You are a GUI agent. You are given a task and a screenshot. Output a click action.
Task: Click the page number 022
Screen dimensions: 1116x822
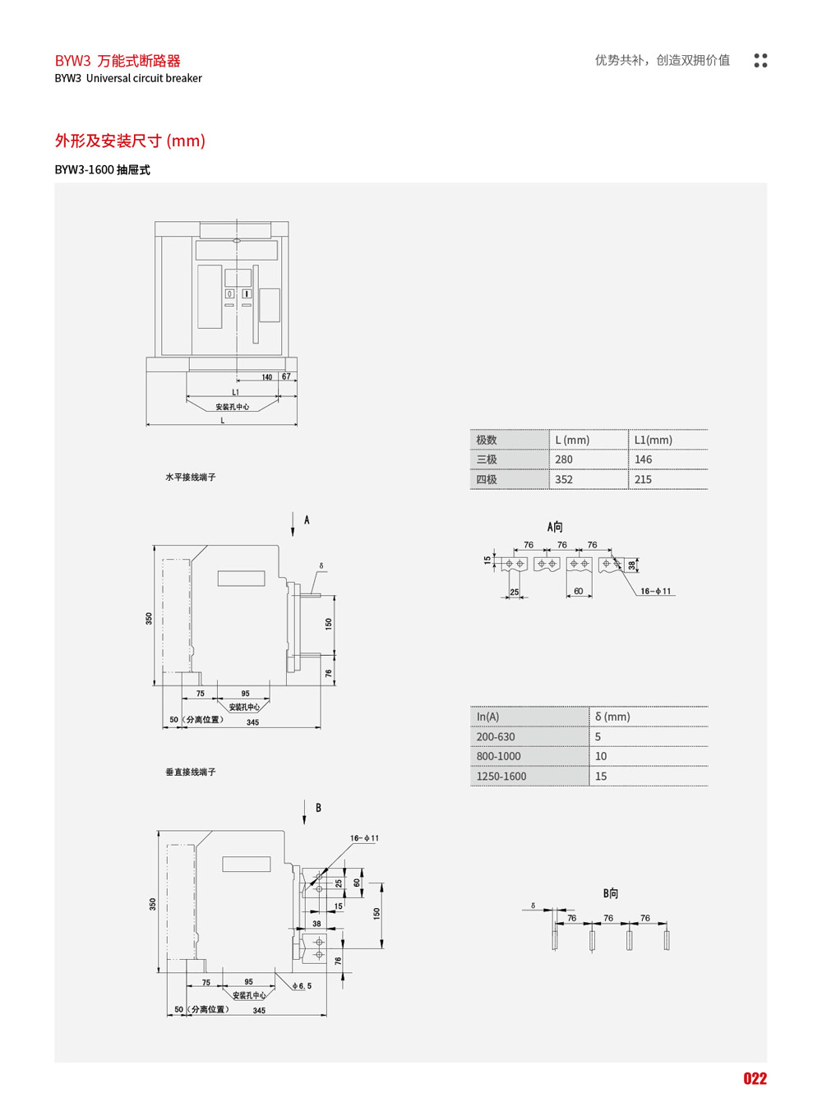tap(755, 1079)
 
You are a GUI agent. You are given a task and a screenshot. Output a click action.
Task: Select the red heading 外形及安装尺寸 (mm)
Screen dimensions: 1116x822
tap(130, 141)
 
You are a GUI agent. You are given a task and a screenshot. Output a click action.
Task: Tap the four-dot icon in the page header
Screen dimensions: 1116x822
tap(760, 60)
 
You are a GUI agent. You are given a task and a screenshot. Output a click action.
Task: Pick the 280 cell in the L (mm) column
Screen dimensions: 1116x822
tap(564, 459)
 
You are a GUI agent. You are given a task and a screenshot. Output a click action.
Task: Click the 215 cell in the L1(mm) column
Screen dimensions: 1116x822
tap(643, 479)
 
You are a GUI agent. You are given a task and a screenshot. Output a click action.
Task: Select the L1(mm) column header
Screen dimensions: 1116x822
tap(653, 440)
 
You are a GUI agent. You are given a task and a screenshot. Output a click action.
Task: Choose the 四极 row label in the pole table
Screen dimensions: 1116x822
tap(487, 479)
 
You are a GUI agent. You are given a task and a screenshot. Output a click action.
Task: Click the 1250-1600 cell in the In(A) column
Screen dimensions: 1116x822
tap(501, 776)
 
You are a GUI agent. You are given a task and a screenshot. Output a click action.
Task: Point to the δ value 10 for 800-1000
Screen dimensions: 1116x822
tap(601, 756)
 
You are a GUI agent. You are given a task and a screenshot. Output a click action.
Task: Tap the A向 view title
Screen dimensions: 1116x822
tap(555, 527)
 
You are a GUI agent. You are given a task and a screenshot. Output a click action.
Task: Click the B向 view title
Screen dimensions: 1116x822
tap(610, 893)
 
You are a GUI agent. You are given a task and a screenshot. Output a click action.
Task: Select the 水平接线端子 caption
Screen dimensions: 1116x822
tap(191, 477)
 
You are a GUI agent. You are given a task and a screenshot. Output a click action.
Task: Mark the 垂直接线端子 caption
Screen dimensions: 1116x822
tap(191, 772)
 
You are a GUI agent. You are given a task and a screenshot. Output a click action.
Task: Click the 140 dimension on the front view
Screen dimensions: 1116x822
tap(267, 377)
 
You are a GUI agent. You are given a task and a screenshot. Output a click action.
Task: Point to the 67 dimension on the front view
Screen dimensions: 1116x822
tap(286, 376)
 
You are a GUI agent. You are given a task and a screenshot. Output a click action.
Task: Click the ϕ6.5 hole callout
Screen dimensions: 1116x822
tap(302, 985)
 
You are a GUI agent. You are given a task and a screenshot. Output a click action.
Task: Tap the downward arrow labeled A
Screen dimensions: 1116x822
tap(293, 524)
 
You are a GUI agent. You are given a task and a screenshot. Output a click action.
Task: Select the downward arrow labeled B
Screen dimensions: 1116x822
tap(304, 813)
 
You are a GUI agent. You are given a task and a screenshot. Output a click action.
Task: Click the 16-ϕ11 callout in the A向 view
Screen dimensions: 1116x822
tap(656, 591)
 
